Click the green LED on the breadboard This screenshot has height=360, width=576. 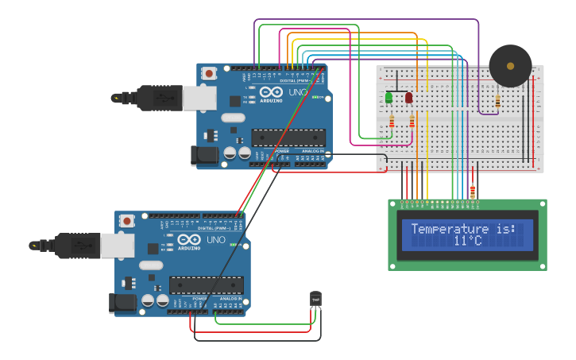pos(389,97)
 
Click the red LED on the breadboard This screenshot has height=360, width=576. pos(409,97)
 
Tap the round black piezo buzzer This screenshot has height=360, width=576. pos(510,66)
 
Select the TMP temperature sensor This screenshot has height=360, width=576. pos(315,299)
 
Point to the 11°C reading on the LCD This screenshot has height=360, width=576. pos(468,241)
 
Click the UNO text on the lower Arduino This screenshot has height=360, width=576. pos(215,240)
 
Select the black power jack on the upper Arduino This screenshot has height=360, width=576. pos(204,156)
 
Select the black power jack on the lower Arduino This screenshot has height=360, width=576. pos(122,303)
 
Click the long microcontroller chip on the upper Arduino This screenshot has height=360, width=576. pos(288,137)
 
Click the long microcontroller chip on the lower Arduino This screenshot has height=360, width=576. pos(206,285)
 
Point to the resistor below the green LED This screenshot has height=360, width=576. pos(392,122)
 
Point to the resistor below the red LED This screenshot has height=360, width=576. pos(412,122)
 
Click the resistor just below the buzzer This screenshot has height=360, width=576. pos(498,101)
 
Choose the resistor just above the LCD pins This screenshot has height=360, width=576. pos(473,192)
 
